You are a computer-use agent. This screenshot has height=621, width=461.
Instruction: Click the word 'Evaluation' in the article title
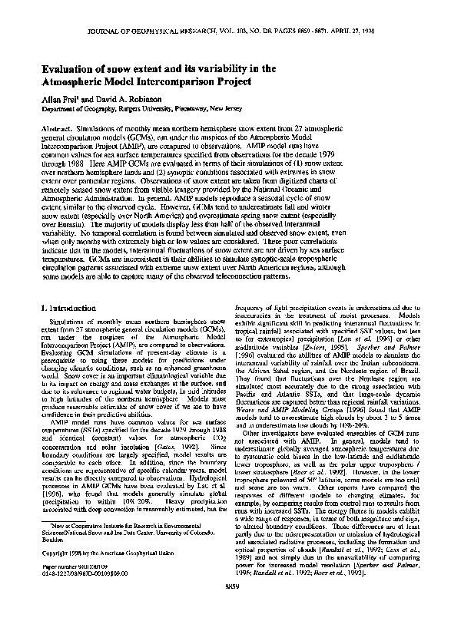(69, 68)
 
